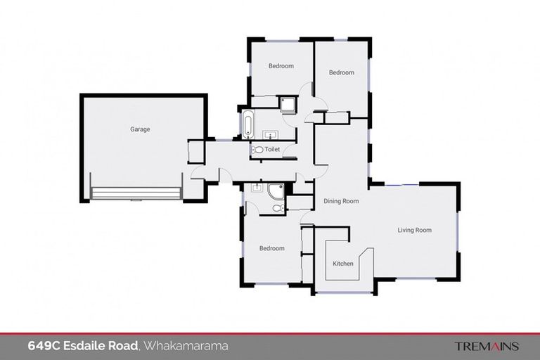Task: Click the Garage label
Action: (x=140, y=129)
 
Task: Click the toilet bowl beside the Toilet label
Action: (x=257, y=150)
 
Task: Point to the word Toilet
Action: (x=273, y=150)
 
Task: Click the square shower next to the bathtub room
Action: (x=288, y=105)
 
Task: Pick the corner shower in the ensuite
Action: (x=276, y=191)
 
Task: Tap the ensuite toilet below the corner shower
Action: (x=278, y=209)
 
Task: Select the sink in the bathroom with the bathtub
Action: (x=270, y=134)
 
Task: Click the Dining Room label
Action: (x=341, y=202)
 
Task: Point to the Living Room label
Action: (x=414, y=230)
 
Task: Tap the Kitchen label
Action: (x=343, y=264)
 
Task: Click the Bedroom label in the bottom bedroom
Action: (x=271, y=248)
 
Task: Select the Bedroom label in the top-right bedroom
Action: (x=342, y=72)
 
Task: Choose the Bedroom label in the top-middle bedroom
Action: (x=281, y=66)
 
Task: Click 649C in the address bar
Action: (x=43, y=346)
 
